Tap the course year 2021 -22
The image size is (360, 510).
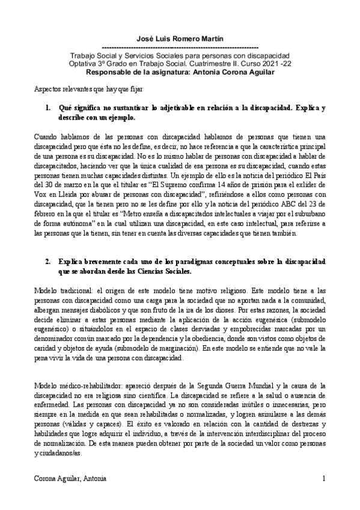(x=267, y=63)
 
